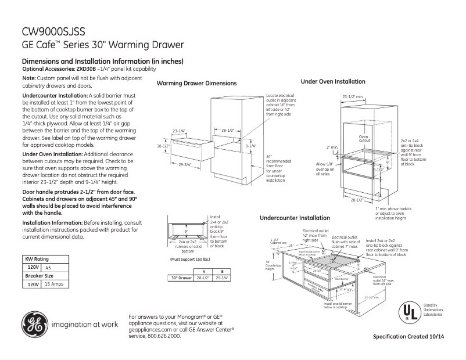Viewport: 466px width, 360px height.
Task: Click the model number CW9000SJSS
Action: click(53, 31)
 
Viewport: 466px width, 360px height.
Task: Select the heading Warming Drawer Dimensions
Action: click(196, 84)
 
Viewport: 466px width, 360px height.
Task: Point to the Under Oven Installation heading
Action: click(333, 82)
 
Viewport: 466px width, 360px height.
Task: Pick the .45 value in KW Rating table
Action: click(48, 267)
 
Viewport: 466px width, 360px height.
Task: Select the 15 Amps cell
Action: click(56, 285)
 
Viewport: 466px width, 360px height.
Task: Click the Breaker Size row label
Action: click(40, 276)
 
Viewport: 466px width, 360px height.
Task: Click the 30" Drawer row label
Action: click(181, 279)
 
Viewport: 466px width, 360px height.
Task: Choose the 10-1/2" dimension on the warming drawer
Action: click(163, 146)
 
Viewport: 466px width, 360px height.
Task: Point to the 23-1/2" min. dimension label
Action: click(352, 96)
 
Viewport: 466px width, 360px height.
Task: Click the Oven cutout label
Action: click(364, 138)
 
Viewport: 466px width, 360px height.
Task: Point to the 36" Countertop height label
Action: click(270, 265)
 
